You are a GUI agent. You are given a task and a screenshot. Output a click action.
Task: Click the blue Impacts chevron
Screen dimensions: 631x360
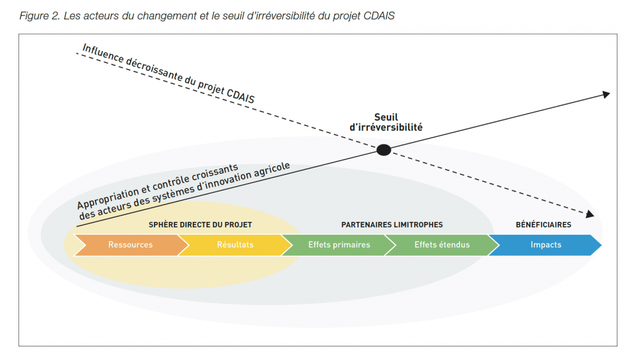click(545, 245)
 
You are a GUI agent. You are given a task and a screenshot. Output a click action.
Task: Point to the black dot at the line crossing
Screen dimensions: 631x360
click(384, 150)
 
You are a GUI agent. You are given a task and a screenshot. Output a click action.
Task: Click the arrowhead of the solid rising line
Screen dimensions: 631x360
click(606, 95)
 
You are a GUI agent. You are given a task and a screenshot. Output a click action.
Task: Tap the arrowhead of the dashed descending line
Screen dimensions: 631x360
click(590, 214)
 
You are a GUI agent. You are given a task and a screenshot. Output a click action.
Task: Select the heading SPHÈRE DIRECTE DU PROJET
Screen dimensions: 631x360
click(200, 225)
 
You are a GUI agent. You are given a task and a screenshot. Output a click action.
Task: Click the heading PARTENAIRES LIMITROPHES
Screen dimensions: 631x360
click(392, 225)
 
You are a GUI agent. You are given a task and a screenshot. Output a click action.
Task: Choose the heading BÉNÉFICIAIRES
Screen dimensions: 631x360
click(543, 225)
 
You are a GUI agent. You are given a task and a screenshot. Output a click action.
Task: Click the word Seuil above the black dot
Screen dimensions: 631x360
click(386, 117)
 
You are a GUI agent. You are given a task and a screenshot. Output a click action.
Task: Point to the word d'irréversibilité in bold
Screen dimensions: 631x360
click(386, 127)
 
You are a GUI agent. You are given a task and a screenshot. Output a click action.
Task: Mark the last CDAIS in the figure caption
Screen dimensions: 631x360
click(379, 15)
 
